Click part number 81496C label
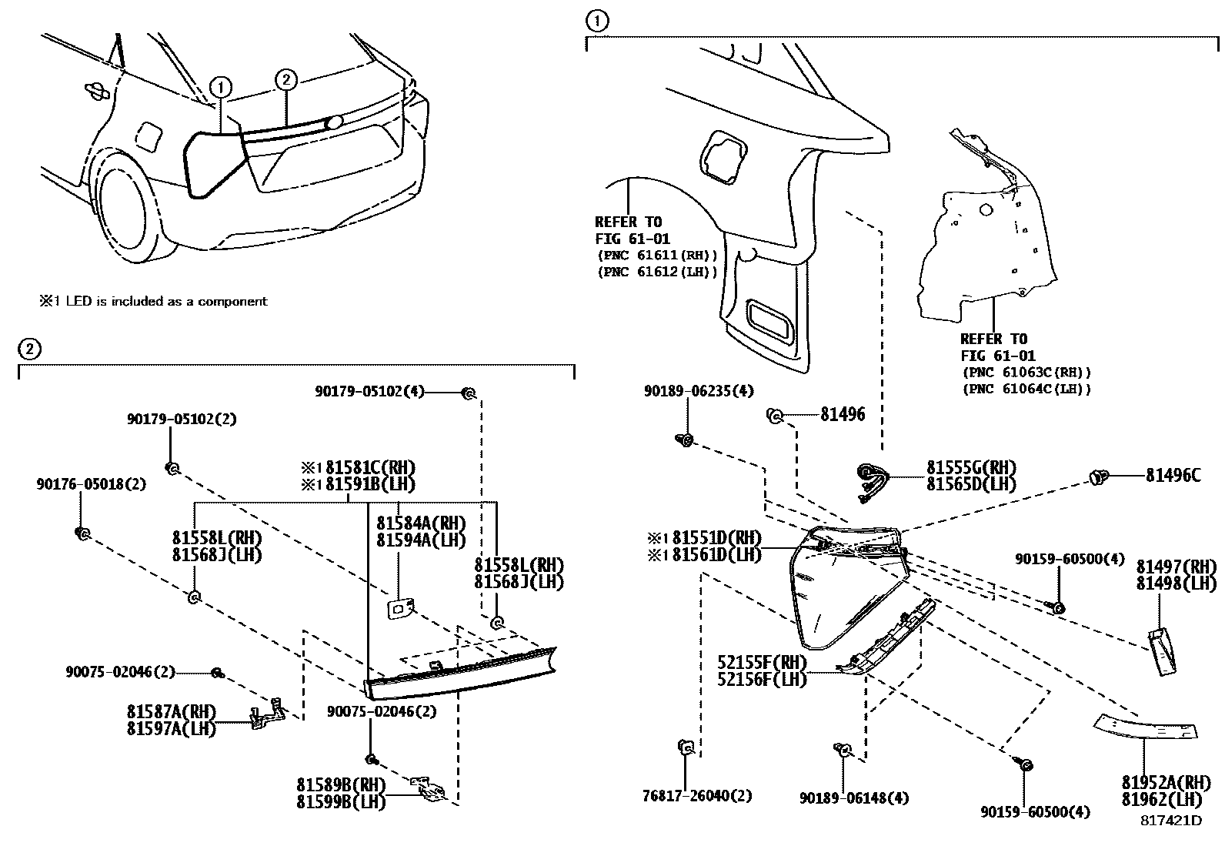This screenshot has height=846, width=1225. tap(1172, 477)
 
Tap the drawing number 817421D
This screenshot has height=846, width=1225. tap(1170, 821)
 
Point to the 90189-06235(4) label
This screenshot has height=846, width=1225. tap(699, 391)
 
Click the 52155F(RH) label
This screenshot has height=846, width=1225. tap(762, 664)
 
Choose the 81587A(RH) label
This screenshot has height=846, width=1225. tap(172, 711)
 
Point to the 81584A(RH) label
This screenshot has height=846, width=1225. tap(421, 523)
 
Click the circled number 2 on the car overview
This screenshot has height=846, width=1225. tap(285, 79)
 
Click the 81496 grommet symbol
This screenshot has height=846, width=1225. tap(775, 416)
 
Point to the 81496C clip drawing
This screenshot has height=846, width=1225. tap(1098, 477)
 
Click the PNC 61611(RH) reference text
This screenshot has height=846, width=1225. tap(656, 256)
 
